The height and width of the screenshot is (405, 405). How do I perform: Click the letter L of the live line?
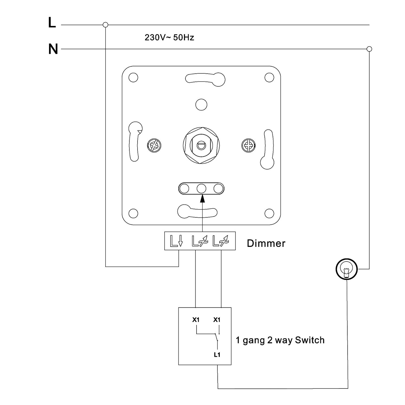coord(52,23)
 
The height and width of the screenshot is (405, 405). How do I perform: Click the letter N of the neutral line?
coord(53,49)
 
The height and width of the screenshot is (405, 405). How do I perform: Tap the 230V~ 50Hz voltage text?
coord(169,37)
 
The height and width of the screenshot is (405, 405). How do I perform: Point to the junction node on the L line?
coord(106,25)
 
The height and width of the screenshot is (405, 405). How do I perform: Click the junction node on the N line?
coord(369,49)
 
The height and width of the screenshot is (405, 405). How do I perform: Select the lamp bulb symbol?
coord(347,269)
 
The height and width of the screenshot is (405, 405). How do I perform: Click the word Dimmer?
coord(266,243)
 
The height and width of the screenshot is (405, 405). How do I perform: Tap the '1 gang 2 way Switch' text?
coord(280,340)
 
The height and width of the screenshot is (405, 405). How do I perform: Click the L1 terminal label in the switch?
coord(217,355)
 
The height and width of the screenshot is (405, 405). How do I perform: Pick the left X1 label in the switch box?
coord(196,320)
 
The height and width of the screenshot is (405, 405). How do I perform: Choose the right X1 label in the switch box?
coord(217,320)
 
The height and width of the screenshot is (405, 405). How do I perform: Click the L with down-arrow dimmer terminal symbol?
coord(177,241)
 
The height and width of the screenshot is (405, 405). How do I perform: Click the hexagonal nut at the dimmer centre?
coord(201,145)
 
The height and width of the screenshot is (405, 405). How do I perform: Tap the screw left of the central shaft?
coord(154,145)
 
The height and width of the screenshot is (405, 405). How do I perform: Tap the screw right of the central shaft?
coord(248,145)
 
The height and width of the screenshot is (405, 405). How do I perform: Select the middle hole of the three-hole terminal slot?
coord(201,188)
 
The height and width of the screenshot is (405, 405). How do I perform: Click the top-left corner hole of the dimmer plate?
coord(133,77)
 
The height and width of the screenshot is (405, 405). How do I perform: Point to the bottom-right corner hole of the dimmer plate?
coord(269,213)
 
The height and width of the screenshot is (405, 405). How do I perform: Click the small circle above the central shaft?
coord(201,104)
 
